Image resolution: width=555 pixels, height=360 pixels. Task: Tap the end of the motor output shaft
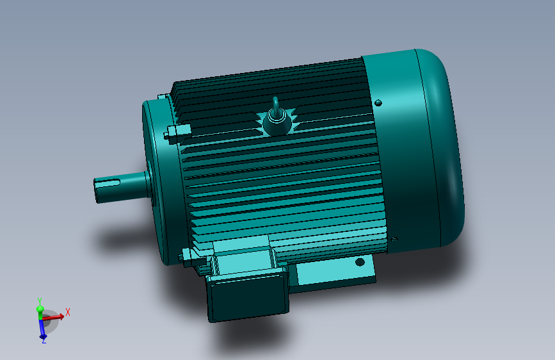[x=95, y=192]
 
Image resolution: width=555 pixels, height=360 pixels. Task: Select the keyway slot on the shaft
[x=107, y=183]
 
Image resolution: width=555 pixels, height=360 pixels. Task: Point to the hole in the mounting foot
[x=360, y=262]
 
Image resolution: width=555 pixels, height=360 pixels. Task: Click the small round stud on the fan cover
[x=378, y=102]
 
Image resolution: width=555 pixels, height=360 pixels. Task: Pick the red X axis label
[x=68, y=312]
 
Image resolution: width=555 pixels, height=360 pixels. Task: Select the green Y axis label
[x=40, y=301]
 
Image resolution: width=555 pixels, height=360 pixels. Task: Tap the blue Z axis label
[x=44, y=341]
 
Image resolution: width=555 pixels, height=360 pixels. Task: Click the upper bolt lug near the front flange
[x=177, y=133]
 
